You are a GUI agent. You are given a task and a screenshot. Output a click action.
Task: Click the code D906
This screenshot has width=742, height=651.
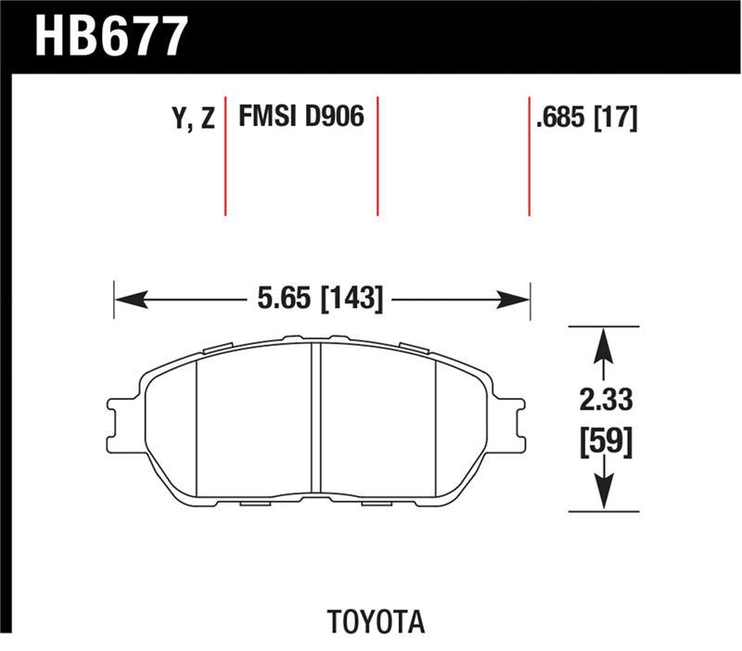335,118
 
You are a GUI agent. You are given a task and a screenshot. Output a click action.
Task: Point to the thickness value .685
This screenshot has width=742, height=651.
559,119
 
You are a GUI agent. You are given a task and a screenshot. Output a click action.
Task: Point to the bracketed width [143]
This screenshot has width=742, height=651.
351,299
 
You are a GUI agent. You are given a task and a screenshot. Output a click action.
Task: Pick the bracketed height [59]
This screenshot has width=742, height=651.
604,440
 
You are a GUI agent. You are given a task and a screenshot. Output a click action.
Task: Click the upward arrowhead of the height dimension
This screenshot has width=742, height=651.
604,342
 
